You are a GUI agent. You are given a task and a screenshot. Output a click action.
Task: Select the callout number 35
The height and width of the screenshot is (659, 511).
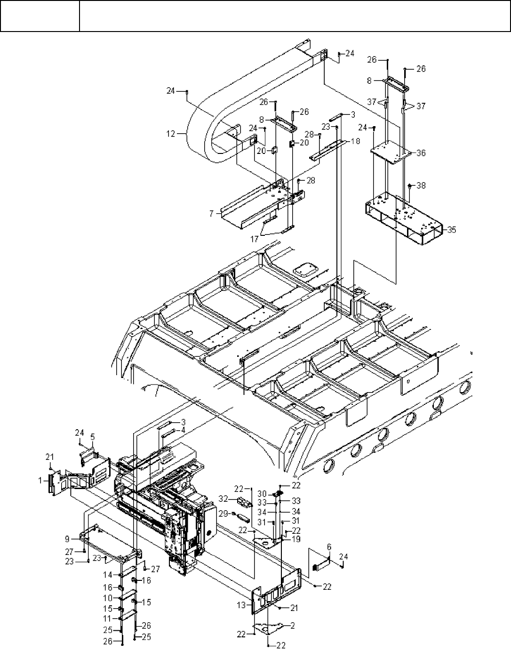tap(452, 230)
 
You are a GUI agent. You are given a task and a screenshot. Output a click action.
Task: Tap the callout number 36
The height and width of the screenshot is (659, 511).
tap(421, 153)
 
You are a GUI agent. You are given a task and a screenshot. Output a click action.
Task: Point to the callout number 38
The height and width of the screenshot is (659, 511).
tap(421, 186)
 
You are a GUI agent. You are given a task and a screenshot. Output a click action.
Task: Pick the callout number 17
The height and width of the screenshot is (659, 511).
tap(255, 239)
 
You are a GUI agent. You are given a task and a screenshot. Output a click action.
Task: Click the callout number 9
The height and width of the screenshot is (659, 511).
tap(68, 539)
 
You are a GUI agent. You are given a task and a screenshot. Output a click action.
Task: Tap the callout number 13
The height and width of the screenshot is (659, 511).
tap(241, 605)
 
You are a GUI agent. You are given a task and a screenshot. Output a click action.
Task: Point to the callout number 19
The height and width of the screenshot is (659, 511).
tap(296, 539)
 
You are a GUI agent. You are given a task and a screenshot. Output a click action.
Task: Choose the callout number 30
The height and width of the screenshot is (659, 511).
tap(262, 493)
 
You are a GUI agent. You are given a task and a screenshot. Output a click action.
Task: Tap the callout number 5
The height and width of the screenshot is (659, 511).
tap(93, 437)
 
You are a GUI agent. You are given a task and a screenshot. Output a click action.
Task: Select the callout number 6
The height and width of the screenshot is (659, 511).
tap(329, 546)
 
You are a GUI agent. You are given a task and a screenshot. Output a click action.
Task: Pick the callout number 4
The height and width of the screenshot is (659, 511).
tap(184, 429)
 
